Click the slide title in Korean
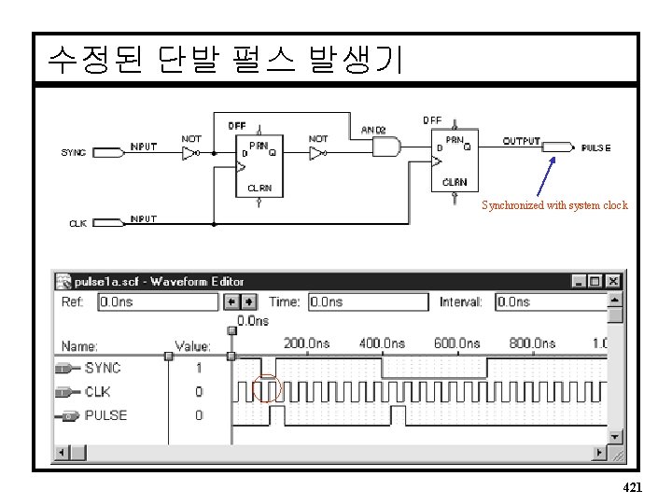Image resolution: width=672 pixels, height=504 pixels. click(224, 60)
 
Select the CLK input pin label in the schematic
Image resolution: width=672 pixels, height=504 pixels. click(79, 223)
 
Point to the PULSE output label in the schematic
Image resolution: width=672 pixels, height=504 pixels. click(595, 148)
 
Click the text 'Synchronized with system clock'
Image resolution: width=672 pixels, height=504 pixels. click(554, 205)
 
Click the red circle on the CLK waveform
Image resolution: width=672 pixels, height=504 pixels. click(267, 389)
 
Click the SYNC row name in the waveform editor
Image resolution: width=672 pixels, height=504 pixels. click(102, 368)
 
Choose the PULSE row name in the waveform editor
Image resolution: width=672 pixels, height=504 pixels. click(105, 414)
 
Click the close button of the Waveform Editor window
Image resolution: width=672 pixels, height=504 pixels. click(612, 281)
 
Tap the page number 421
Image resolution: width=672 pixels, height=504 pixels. click(631, 487)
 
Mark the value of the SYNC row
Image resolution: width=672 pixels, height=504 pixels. click(199, 368)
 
